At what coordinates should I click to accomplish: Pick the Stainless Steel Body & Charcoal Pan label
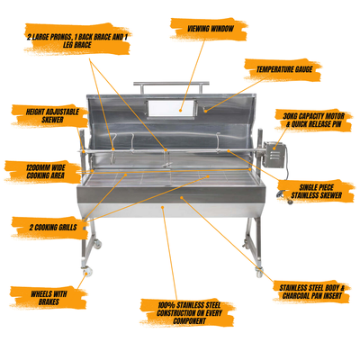coord(310,292)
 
